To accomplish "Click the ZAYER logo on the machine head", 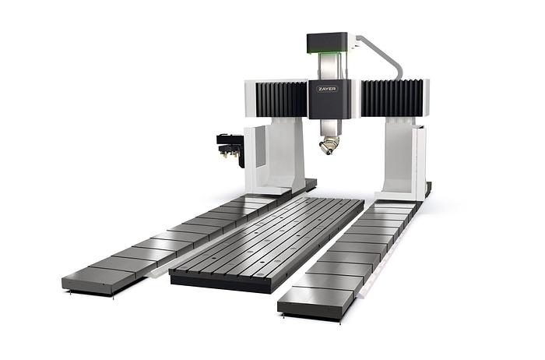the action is [x=327, y=89].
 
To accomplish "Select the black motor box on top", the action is [x=327, y=43].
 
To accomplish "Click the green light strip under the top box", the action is [x=327, y=53].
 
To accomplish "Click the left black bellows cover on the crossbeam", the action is [x=282, y=99].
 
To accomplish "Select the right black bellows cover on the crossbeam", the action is [x=392, y=97].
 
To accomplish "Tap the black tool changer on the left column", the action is [x=230, y=149].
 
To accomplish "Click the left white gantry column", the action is [x=275, y=156].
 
